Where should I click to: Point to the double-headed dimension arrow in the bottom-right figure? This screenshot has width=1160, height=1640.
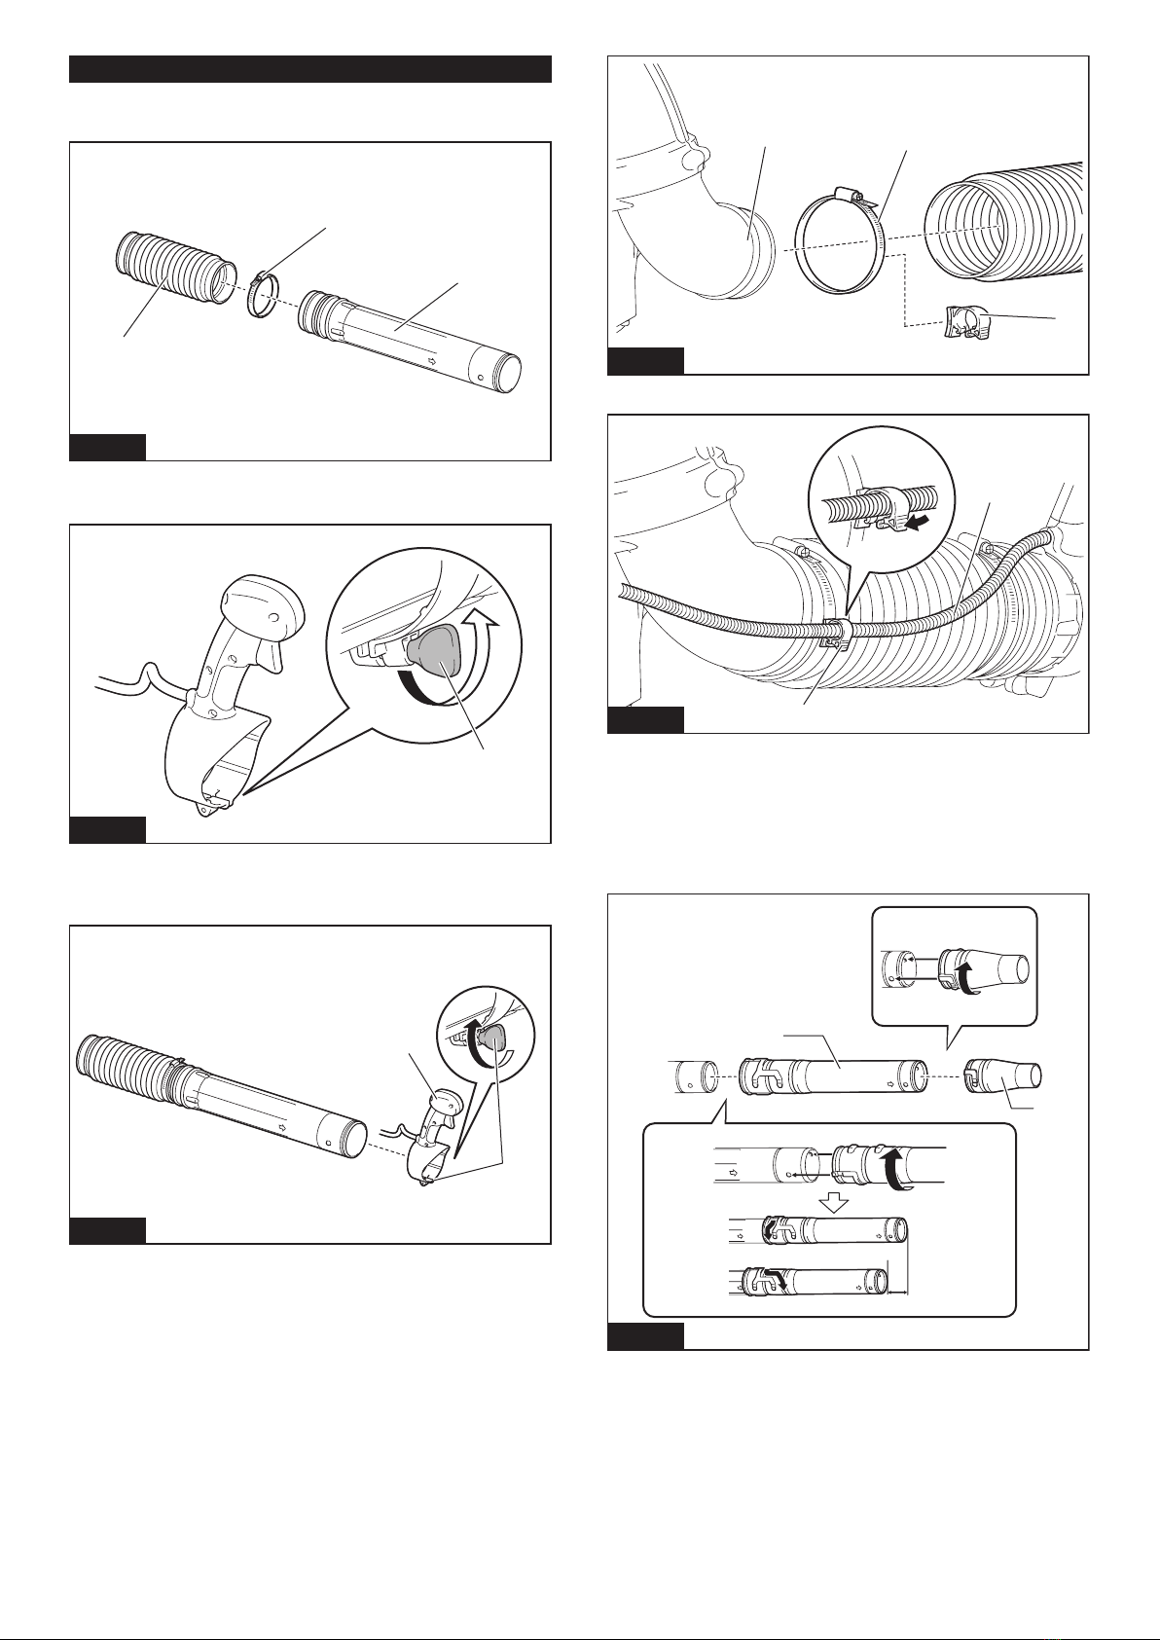(x=897, y=1293)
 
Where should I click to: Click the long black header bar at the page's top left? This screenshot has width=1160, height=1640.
(x=310, y=70)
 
